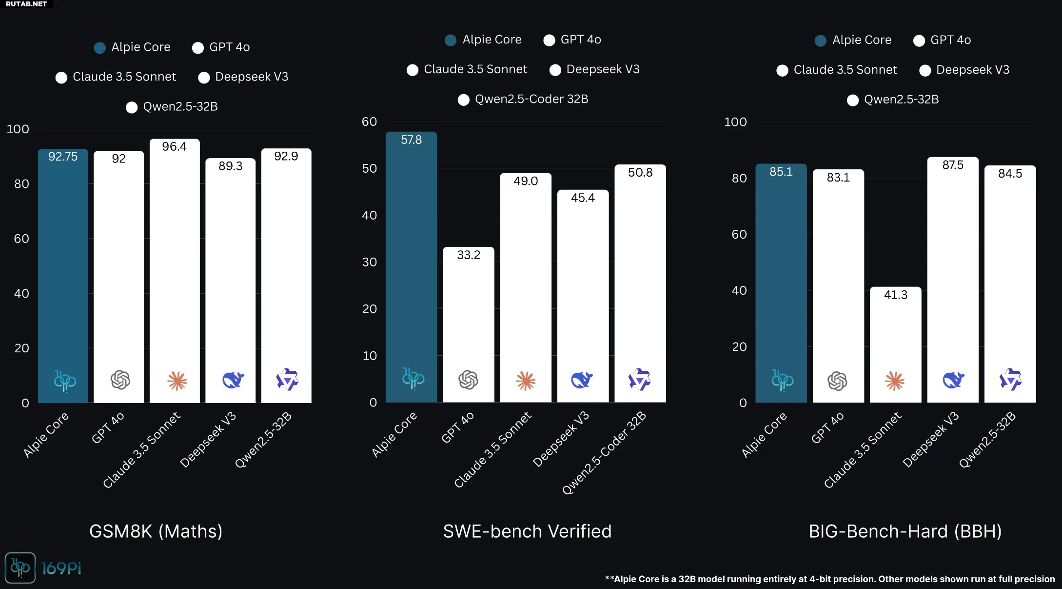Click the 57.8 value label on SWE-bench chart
pyautogui.click(x=411, y=140)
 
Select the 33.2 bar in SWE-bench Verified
pyautogui.click(x=468, y=322)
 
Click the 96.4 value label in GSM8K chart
pyautogui.click(x=174, y=147)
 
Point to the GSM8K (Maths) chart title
pyautogui.click(x=156, y=531)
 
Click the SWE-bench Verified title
pyautogui.click(x=527, y=531)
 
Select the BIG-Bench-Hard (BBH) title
pyautogui.click(x=905, y=531)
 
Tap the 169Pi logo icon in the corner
pyautogui.click(x=20, y=568)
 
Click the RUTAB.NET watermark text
pyautogui.click(x=26, y=4)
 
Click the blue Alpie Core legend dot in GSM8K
pyautogui.click(x=99, y=48)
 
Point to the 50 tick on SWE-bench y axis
pyautogui.click(x=370, y=168)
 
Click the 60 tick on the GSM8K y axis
pyautogui.click(x=21, y=239)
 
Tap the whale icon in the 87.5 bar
pyautogui.click(x=953, y=380)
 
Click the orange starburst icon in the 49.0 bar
pyautogui.click(x=525, y=381)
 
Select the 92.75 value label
pyautogui.click(x=63, y=157)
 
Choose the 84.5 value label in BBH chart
pyautogui.click(x=1010, y=174)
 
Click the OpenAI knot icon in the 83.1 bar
pyautogui.click(x=837, y=381)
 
